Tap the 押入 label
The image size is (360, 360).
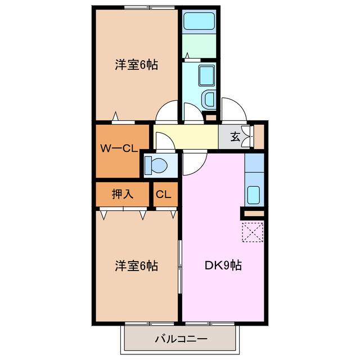coord(122,195)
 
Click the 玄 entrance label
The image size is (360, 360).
coord(235,136)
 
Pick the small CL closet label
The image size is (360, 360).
coord(164,195)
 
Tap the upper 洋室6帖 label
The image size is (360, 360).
coord(136,65)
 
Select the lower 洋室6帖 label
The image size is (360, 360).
coord(136,265)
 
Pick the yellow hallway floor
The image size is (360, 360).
coord(191,136)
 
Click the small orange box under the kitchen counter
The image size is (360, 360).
coord(253,214)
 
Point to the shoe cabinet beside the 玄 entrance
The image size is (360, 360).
coord(259,136)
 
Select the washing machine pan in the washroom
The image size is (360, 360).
coord(208,100)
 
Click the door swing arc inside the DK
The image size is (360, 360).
coord(193,163)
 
